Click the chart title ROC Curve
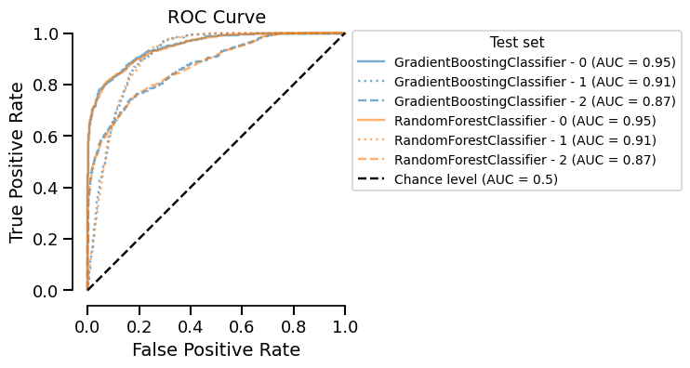(216, 17)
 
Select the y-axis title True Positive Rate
(19, 163)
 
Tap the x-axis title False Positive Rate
(216, 350)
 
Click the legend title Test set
(516, 43)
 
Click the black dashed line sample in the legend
(373, 179)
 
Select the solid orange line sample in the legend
(373, 121)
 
